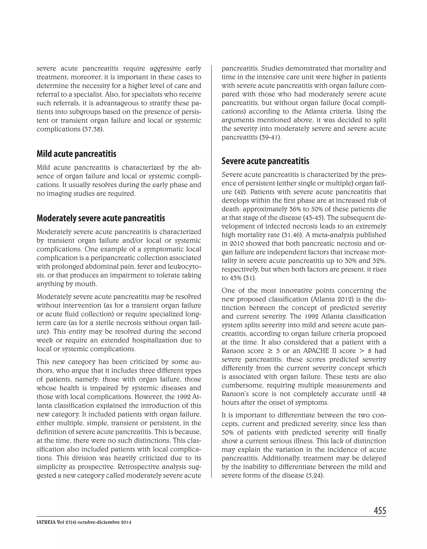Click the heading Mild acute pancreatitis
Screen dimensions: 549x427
[x=76, y=154]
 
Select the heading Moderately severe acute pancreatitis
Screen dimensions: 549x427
[x=101, y=218]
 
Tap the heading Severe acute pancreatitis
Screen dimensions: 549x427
[x=265, y=161]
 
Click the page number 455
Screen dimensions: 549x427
[x=380, y=511]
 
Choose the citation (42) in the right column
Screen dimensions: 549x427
[x=241, y=192]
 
